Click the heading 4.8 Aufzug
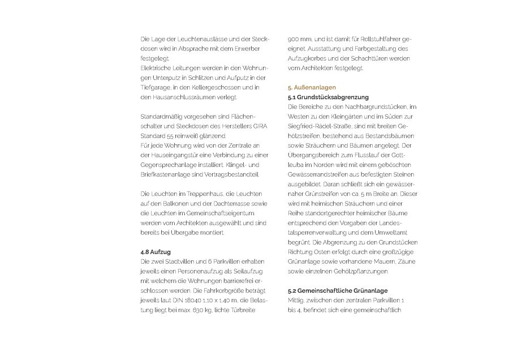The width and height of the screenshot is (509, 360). pos(156,251)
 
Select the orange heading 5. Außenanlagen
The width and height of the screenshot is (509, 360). pos(312,88)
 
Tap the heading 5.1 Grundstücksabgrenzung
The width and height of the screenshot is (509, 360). pos(329,97)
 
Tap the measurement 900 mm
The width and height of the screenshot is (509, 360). pos(299,40)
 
